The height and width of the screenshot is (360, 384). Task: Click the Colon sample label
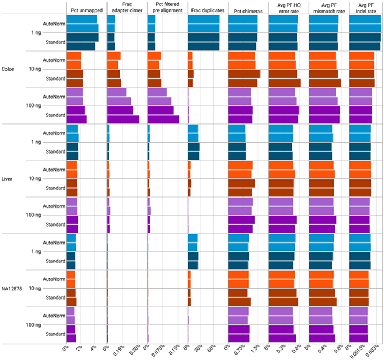point(8,69)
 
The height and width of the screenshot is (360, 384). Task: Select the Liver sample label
point(8,179)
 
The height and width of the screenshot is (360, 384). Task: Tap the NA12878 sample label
point(12,288)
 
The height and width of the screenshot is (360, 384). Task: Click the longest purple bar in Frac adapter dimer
point(123,119)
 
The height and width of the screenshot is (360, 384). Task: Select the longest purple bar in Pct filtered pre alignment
point(163,119)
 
